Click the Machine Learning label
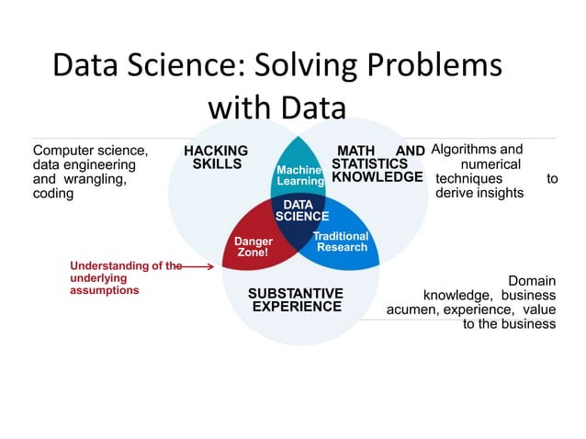tap(300, 175)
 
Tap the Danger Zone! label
tap(254, 246)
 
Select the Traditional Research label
tap(341, 242)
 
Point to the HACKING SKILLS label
tap(216, 157)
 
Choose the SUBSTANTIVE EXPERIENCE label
tap(296, 299)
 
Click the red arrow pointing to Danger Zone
tap(198, 266)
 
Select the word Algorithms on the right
tap(464, 149)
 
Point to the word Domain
tap(532, 281)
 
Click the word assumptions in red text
tap(104, 290)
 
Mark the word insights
tap(500, 193)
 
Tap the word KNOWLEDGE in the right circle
tap(378, 176)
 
